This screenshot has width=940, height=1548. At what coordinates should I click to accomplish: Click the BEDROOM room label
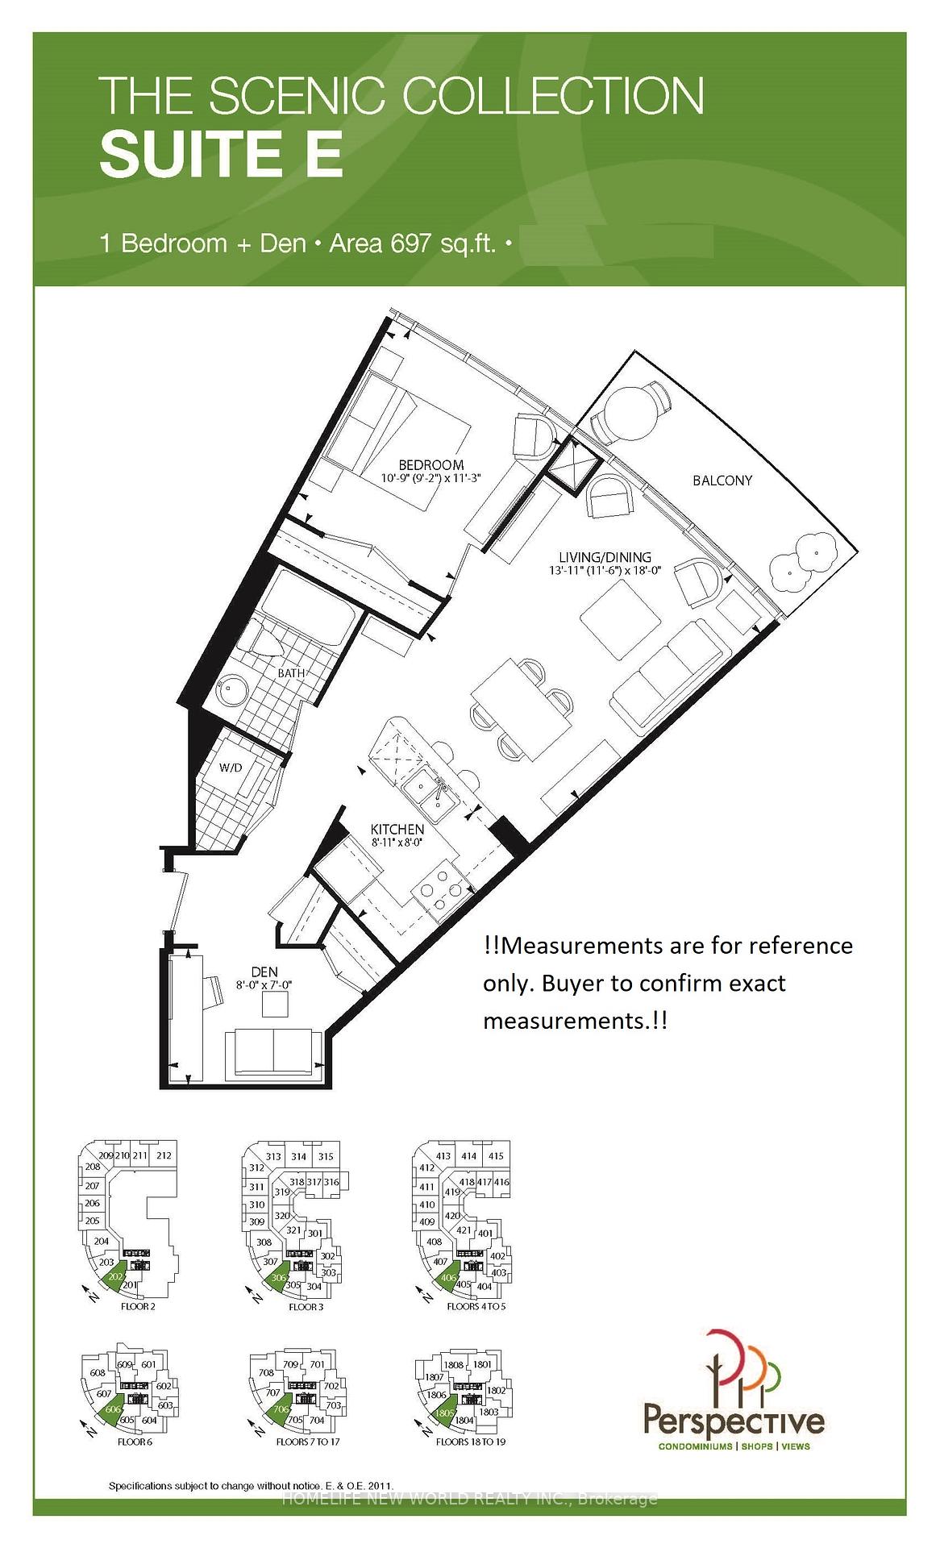(430, 464)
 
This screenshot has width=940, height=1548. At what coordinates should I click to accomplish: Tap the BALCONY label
(722, 481)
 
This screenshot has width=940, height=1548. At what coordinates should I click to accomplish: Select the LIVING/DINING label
(605, 557)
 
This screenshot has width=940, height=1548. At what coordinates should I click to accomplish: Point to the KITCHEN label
(397, 829)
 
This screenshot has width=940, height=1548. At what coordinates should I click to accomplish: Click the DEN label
(264, 972)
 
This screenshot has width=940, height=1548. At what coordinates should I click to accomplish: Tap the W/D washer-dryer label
(231, 768)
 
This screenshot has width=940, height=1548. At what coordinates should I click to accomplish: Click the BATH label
(291, 672)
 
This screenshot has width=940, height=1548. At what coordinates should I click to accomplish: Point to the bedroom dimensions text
(430, 478)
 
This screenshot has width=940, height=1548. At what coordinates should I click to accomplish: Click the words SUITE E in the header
(222, 155)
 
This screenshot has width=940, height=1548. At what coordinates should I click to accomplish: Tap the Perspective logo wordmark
(733, 1418)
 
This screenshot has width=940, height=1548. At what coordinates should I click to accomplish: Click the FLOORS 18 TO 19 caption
(470, 1442)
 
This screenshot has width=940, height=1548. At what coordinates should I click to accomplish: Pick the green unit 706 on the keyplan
(281, 1409)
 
